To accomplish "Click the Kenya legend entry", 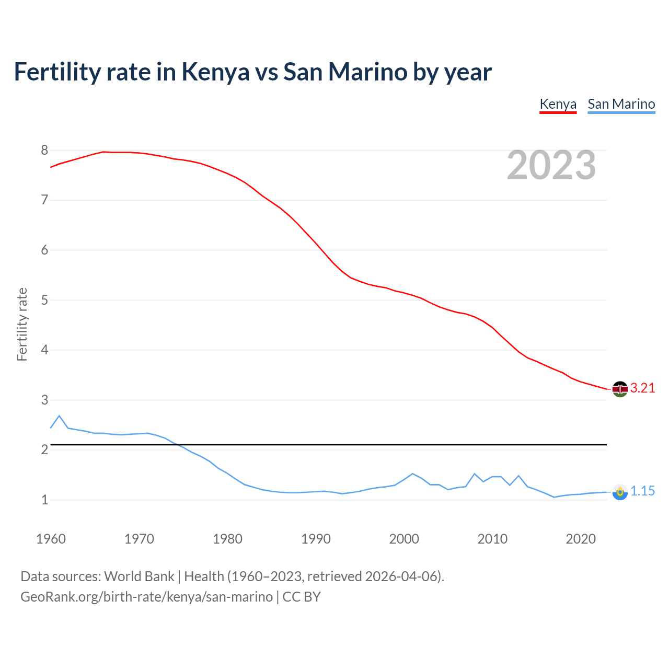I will [558, 104].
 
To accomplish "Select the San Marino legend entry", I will [621, 104].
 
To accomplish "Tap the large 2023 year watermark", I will [551, 165].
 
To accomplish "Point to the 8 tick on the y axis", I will [44, 151].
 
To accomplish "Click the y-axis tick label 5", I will [44, 300].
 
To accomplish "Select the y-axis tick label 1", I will [44, 500].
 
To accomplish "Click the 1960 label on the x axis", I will [51, 539].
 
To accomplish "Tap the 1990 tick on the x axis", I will [316, 539].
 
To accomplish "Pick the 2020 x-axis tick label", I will [581, 539].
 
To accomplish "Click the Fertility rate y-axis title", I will [22, 324].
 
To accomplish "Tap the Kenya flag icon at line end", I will [620, 389].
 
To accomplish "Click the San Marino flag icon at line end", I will [620, 492].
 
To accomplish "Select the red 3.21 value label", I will [642, 388].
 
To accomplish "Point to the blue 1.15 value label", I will [642, 491].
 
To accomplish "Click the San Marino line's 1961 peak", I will [59, 416].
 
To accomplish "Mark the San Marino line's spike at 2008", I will [474, 474].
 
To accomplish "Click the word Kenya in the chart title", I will [215, 72].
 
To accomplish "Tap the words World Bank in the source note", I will [139, 576].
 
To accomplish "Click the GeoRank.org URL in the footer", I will [146, 597].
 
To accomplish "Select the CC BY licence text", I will [302, 597].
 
